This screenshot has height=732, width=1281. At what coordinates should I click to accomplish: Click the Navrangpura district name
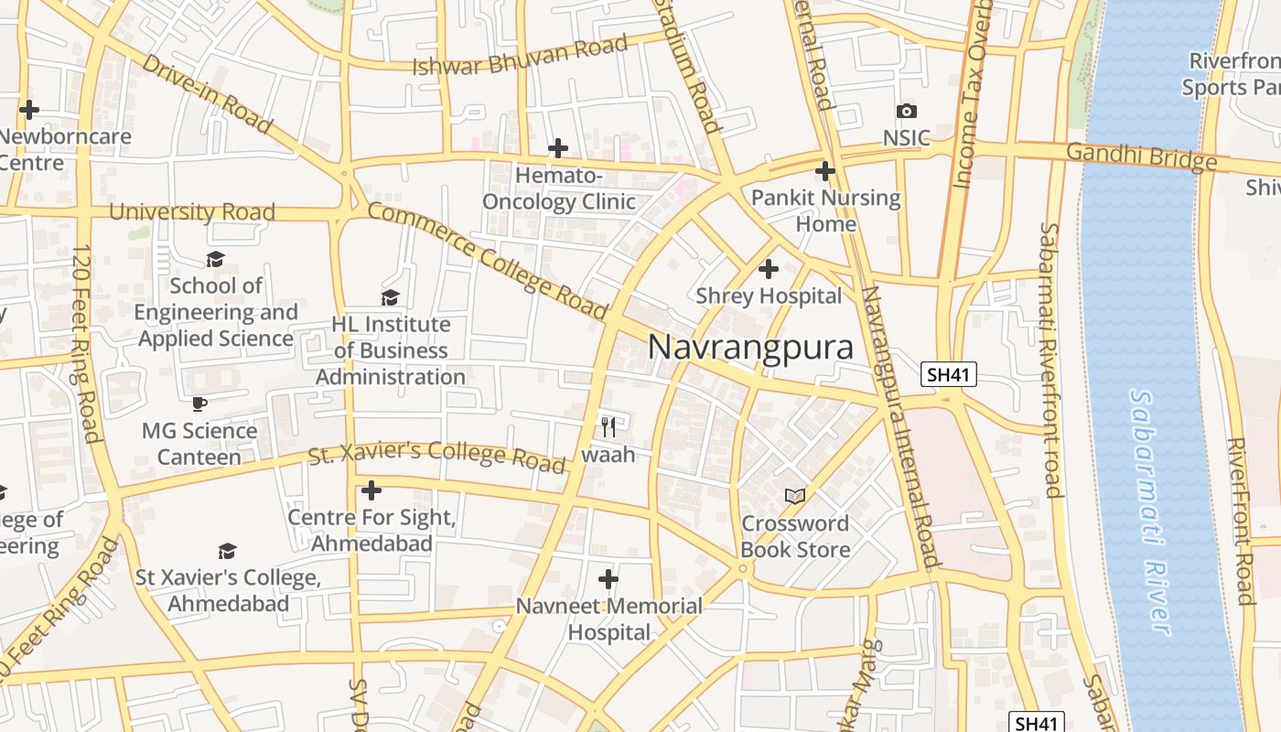click(750, 348)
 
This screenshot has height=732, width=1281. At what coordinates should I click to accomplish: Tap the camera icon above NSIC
click(907, 111)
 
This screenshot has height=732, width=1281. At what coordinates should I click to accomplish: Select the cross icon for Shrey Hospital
click(769, 269)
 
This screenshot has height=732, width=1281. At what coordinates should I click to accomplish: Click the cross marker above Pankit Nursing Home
click(825, 171)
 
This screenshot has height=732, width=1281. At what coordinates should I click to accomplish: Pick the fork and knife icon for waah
click(608, 426)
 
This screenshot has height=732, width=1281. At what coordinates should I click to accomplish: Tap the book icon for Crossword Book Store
click(795, 496)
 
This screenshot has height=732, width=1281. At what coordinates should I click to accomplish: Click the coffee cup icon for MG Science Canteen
click(199, 404)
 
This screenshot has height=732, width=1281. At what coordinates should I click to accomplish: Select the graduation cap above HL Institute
click(391, 297)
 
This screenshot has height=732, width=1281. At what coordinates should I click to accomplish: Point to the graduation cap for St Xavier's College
click(228, 551)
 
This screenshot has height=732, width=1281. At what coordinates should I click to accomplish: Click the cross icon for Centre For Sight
click(371, 490)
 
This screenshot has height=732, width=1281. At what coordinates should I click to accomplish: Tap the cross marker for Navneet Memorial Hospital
click(608, 579)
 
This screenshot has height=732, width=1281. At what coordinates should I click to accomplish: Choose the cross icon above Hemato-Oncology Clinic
click(558, 148)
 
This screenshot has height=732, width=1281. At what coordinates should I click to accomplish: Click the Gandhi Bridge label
click(1141, 156)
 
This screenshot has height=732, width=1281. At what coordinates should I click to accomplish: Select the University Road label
click(191, 212)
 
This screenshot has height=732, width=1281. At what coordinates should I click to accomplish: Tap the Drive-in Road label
click(208, 93)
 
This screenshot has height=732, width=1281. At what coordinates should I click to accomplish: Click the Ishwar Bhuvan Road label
click(520, 56)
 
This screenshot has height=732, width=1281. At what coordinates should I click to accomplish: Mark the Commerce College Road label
click(487, 262)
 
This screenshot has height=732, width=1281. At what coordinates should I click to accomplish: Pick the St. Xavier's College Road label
click(436, 457)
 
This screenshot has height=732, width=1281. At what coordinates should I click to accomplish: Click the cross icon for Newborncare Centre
click(29, 110)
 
